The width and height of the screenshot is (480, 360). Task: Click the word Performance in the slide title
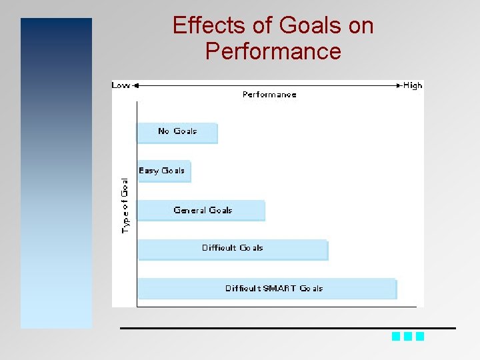tap(273, 51)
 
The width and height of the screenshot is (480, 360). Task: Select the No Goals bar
tap(177, 133)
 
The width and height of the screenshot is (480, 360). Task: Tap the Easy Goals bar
tap(163, 171)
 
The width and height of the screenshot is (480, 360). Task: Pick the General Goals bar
tap(201, 211)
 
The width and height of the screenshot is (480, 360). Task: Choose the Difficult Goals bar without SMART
tap(233, 249)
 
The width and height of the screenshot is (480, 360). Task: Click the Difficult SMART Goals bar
tap(267, 289)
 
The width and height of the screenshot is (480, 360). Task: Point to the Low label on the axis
tap(121, 85)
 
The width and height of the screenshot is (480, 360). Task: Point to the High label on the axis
tap(413, 85)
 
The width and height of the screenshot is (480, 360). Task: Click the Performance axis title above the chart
tap(269, 95)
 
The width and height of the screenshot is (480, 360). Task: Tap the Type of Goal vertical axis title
tap(125, 205)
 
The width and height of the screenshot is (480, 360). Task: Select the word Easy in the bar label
tap(148, 171)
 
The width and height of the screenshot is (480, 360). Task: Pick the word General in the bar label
tap(189, 210)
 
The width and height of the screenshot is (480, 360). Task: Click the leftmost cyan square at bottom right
tap(396, 337)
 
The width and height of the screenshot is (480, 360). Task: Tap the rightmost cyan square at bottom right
tap(420, 337)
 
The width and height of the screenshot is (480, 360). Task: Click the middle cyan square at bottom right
tap(408, 337)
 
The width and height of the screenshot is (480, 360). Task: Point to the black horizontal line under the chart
tap(287, 328)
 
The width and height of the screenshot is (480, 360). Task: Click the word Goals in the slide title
tap(311, 26)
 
